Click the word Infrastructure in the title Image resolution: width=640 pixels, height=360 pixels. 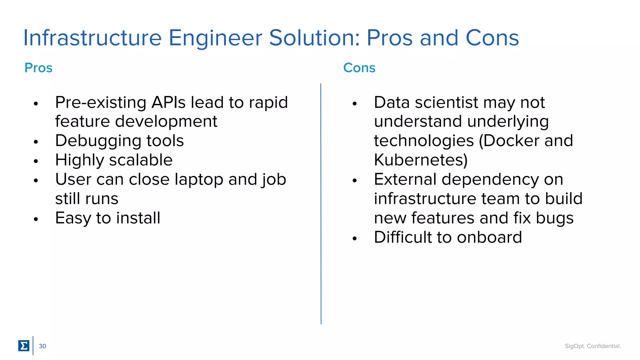coord(92,38)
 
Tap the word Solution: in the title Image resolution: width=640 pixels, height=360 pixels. coord(314,38)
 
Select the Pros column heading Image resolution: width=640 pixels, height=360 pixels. coord(38,68)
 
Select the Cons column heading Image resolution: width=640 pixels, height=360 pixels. coord(359,68)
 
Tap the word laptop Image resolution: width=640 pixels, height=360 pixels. coord(199,180)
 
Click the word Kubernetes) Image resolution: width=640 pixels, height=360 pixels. coord(421,160)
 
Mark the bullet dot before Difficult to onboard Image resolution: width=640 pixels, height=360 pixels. coord(355,239)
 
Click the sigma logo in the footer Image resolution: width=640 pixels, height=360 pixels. coord(24,346)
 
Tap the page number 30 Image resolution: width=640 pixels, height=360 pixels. coord(42,346)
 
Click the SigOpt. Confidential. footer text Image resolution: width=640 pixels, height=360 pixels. coord(592,346)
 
